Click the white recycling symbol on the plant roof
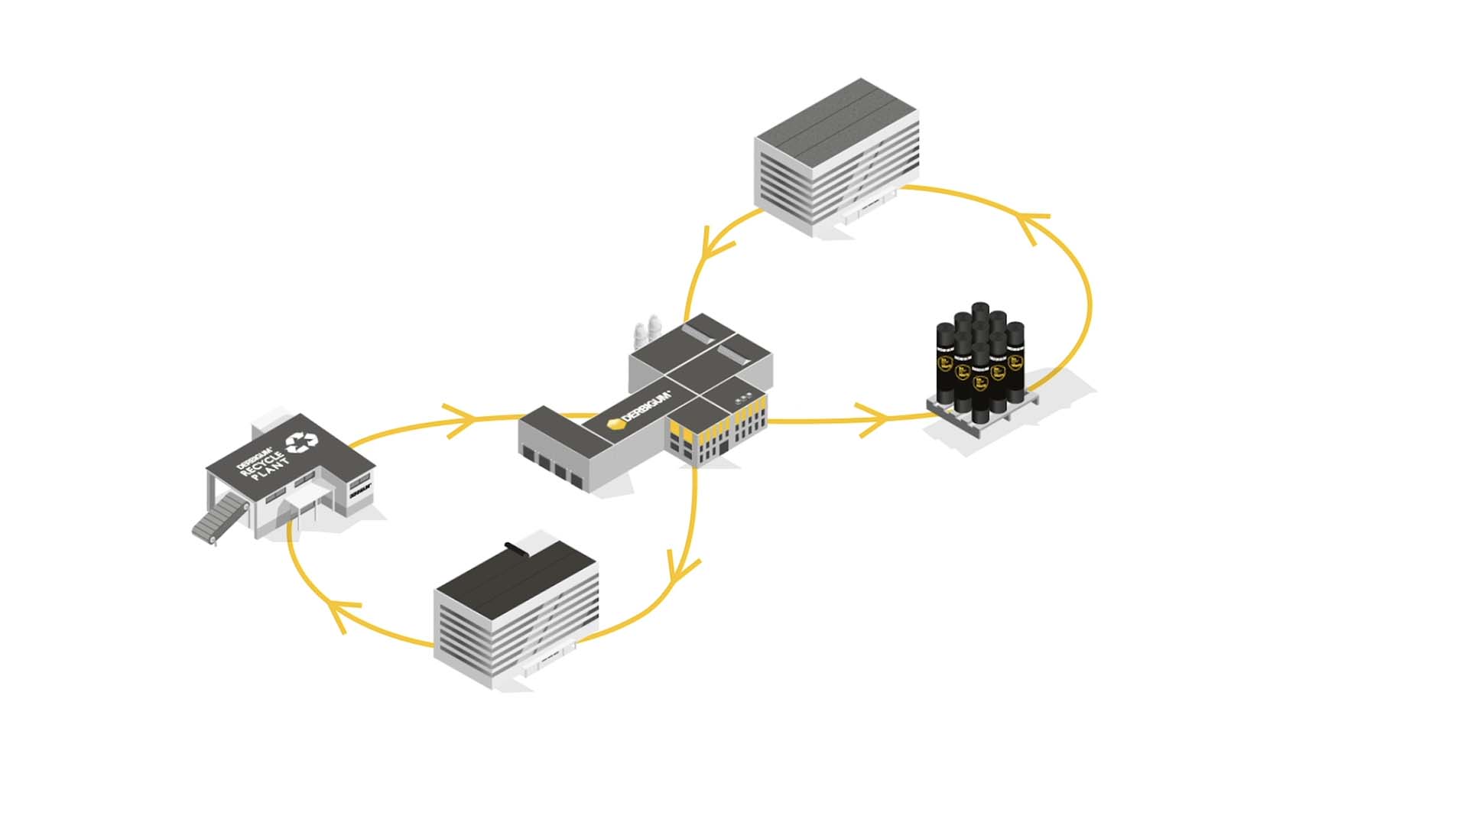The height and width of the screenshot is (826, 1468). click(301, 442)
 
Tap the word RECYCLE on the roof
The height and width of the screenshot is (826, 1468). click(262, 462)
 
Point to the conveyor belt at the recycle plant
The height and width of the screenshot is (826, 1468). click(216, 519)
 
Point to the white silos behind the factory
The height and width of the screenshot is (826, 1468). click(647, 333)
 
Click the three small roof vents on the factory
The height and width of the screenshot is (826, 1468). click(743, 398)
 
